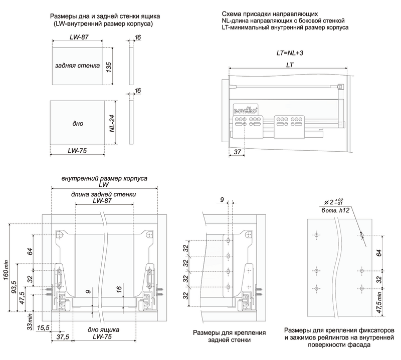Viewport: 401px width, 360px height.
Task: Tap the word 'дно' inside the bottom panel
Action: point(77,123)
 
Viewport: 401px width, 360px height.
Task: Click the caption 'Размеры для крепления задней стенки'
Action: point(222,336)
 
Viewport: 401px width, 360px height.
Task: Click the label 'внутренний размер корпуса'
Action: point(104,178)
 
